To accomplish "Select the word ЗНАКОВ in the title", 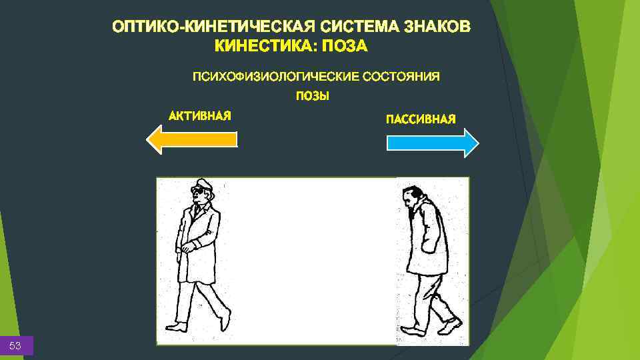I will [x=438, y=27].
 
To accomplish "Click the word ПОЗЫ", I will [x=313, y=96].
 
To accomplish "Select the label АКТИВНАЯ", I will [x=200, y=116].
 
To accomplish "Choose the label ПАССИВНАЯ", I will [x=421, y=119].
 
